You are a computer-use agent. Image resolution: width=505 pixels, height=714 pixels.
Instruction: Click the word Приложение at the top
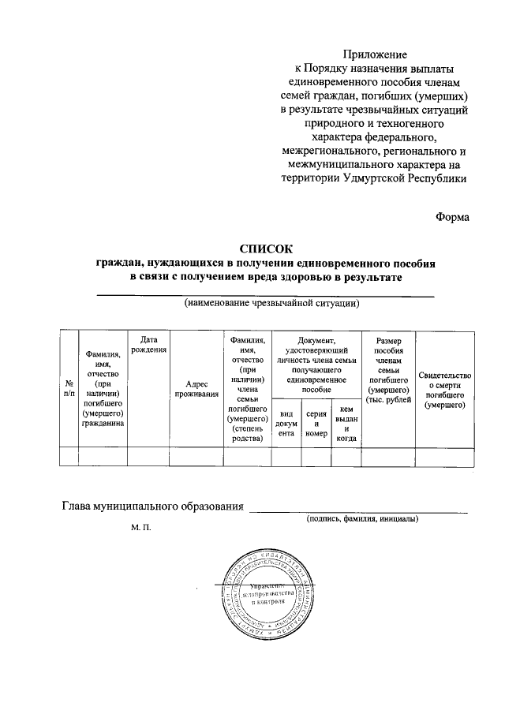point(375,54)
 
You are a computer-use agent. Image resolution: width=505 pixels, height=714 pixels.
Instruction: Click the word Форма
point(452,218)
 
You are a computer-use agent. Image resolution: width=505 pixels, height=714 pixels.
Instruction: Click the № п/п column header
point(69,389)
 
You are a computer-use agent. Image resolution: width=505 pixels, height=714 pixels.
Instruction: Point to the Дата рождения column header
point(148,344)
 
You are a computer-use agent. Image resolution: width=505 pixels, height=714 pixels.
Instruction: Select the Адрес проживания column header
point(196,389)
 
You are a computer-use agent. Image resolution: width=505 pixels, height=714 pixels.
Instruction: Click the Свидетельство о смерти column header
point(445,389)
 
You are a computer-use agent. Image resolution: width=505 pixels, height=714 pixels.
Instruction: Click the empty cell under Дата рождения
point(148,456)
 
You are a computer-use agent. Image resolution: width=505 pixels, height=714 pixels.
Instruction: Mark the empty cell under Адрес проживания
point(196,456)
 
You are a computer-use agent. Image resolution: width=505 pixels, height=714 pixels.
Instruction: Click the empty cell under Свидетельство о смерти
point(445,456)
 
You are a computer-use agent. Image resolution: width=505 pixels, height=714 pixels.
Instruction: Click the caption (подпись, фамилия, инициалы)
point(362,518)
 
